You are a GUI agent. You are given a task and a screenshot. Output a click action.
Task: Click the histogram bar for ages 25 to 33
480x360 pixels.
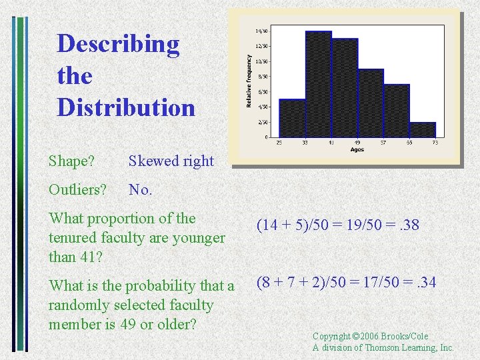[292, 118]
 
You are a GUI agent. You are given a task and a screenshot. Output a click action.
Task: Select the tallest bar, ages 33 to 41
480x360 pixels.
[318, 84]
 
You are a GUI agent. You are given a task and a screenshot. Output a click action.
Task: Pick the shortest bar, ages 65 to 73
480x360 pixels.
[422, 129]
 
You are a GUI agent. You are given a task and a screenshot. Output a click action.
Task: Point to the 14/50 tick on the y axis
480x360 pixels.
[262, 31]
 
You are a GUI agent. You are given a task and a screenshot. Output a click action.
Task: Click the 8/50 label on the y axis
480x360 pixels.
[262, 77]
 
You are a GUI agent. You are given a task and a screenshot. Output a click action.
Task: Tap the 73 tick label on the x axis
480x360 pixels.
[435, 143]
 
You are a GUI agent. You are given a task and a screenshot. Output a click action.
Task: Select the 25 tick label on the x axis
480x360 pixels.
[279, 143]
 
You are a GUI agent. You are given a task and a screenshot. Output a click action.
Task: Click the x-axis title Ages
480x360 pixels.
[357, 149]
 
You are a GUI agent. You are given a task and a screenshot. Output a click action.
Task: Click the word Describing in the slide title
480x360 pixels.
[118, 45]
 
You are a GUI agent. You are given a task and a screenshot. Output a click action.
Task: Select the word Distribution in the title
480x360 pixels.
[126, 107]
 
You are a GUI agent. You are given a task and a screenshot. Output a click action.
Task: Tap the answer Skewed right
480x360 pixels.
[171, 161]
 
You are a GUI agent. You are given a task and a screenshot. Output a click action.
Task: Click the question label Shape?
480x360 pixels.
[71, 161]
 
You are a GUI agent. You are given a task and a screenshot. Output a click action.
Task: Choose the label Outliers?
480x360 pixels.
[77, 189]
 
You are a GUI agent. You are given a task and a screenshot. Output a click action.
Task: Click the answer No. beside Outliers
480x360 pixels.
[141, 189]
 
